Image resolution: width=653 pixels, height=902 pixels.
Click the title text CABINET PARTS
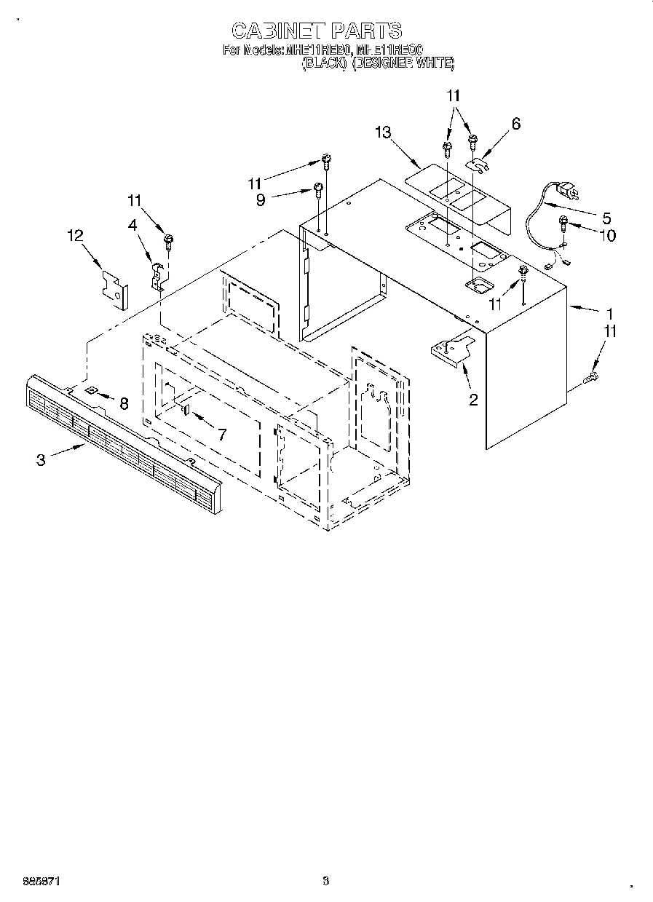point(316,31)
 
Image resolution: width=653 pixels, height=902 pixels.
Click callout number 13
point(384,132)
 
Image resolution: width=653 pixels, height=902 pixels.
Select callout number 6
point(516,124)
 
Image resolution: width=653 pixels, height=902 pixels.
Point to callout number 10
point(606,235)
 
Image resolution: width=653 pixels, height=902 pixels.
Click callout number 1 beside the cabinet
point(609,314)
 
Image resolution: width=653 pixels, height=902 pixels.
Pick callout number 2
point(473,399)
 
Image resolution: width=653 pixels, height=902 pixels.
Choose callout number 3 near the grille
point(41,459)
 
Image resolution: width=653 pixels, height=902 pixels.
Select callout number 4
point(133,226)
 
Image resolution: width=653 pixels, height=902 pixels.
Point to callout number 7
point(222,435)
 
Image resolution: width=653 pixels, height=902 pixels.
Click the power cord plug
point(566,192)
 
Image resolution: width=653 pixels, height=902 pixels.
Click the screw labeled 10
point(564,222)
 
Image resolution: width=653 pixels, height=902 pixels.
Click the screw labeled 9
point(318,189)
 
